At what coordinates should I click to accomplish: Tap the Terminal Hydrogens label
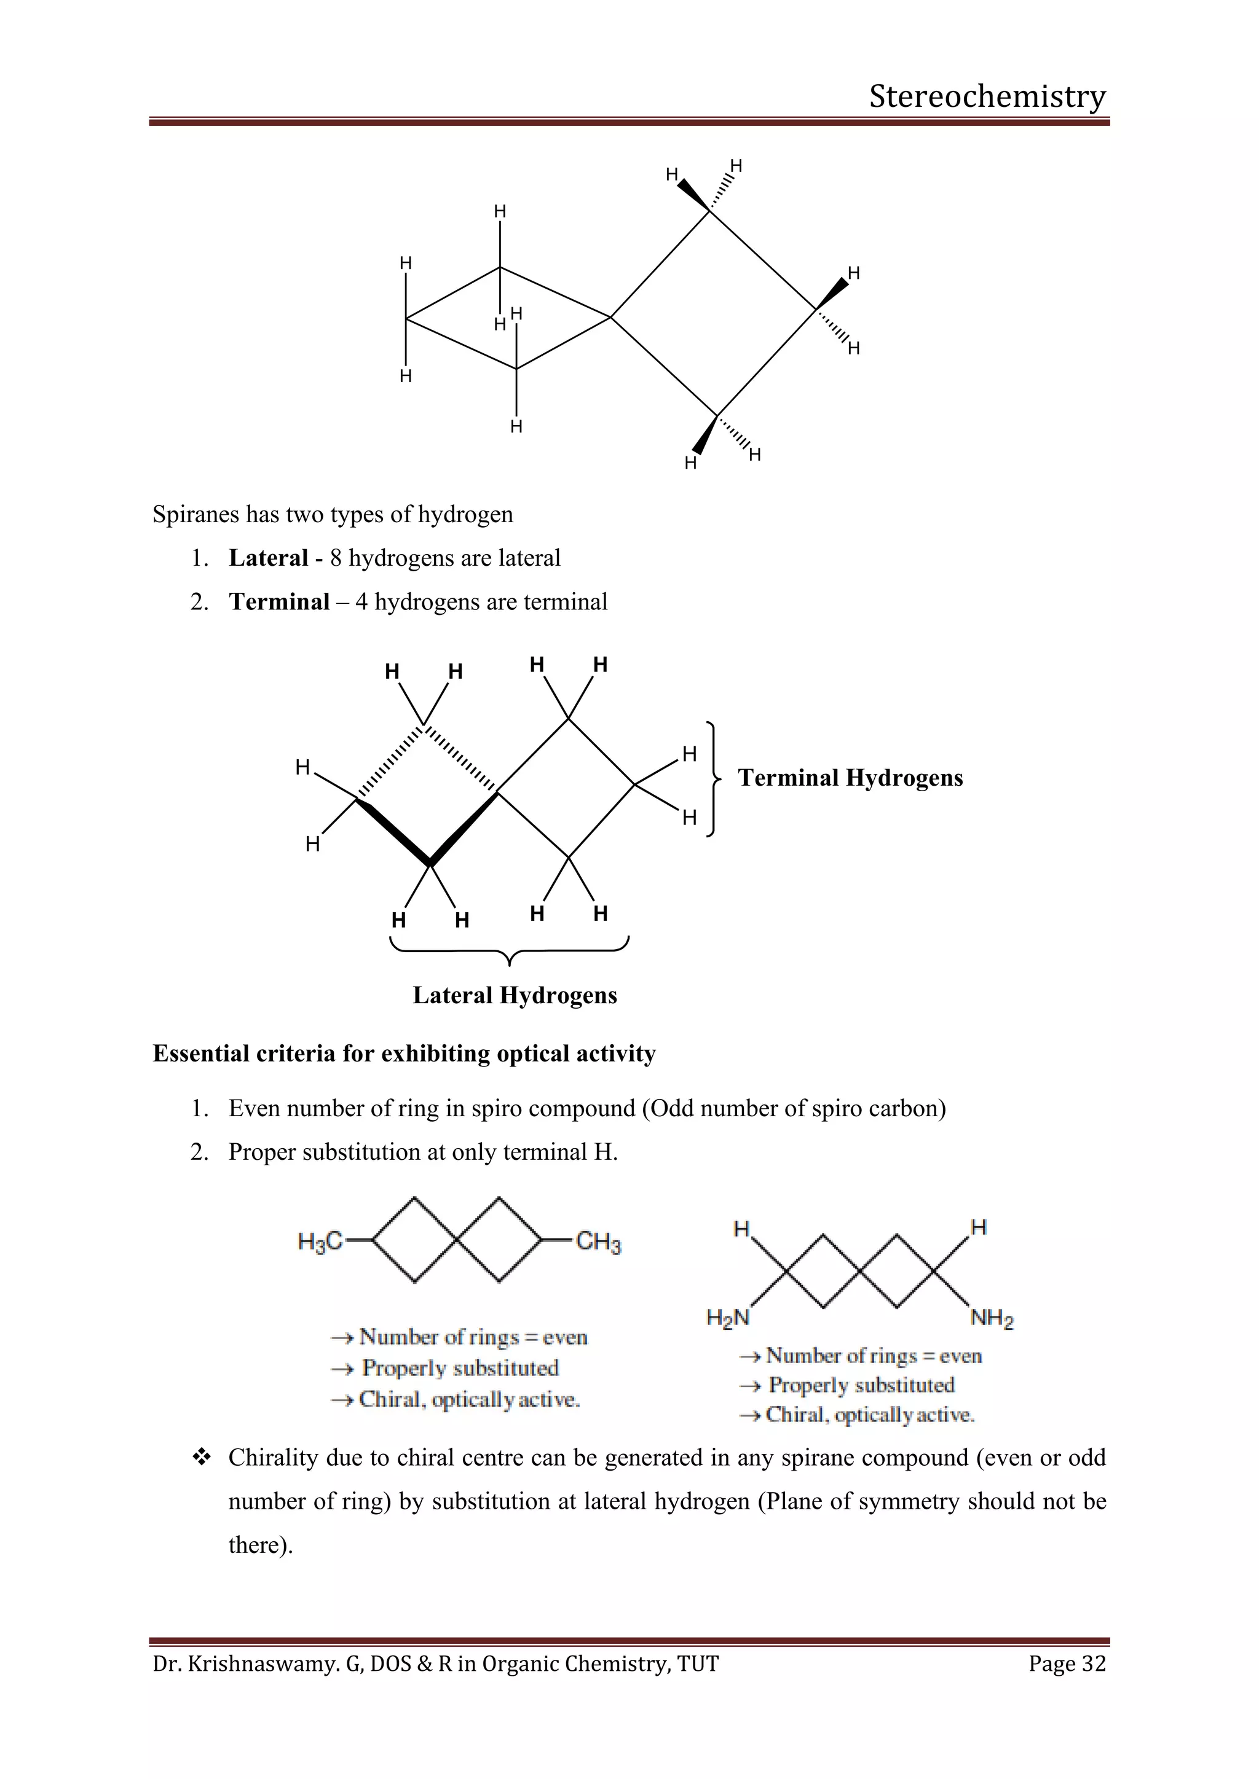(x=850, y=778)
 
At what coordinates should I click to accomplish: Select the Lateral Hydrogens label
(x=515, y=996)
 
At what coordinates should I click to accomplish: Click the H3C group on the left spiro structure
(x=320, y=1242)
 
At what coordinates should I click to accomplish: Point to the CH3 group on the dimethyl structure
(x=598, y=1243)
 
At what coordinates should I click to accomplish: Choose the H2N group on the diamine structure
(x=727, y=1318)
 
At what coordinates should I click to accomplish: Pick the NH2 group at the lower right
(x=992, y=1318)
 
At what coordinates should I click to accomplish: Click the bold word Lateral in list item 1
(x=268, y=558)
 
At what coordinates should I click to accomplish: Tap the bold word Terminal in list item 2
(x=279, y=602)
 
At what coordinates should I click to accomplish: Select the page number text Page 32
(x=1067, y=1664)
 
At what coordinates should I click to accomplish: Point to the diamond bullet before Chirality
(x=202, y=1458)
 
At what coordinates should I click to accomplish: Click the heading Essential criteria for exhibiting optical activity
(x=404, y=1054)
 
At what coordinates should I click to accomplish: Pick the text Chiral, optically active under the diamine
(x=869, y=1415)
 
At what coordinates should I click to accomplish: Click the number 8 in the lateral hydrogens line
(x=336, y=558)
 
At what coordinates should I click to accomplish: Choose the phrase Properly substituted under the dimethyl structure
(x=460, y=1368)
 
